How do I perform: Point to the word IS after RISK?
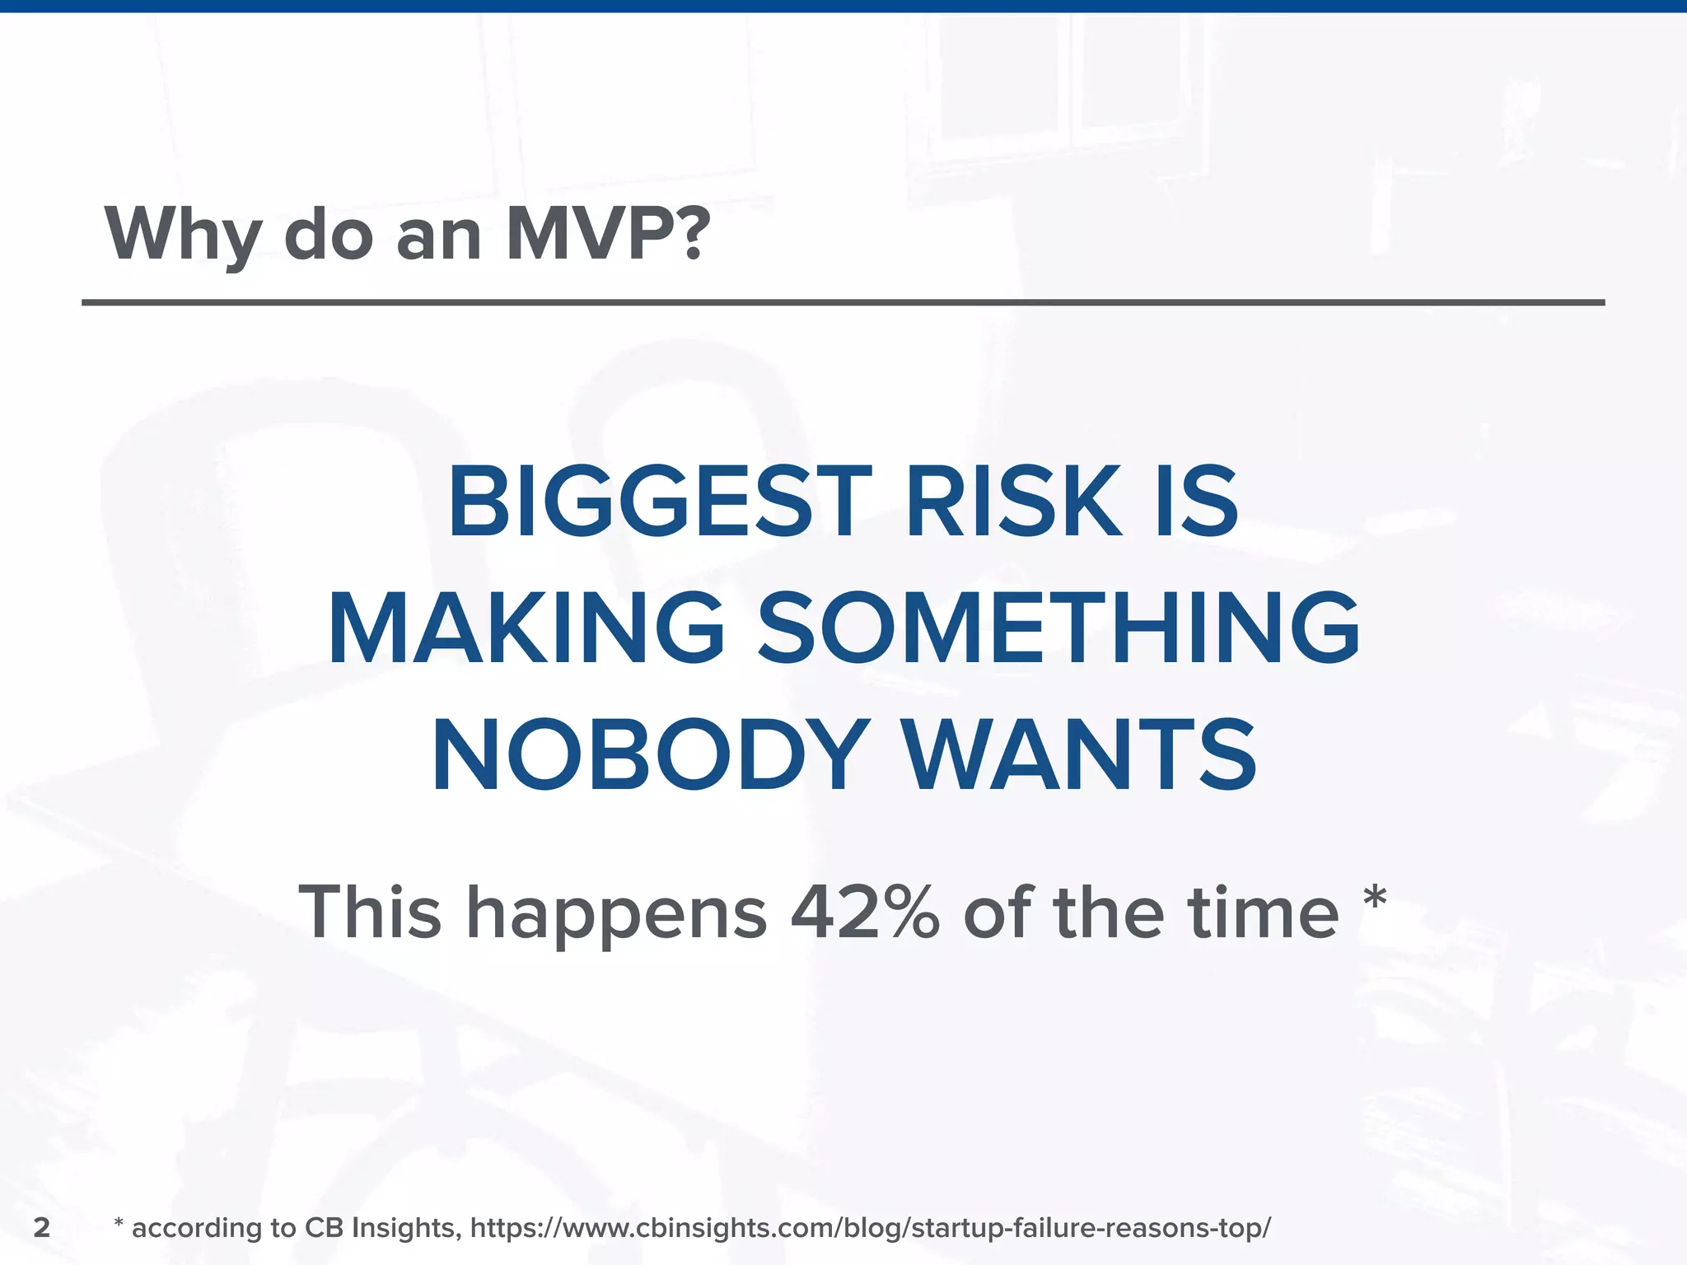pos(1196,502)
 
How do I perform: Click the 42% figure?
pos(865,913)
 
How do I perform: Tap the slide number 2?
pos(42,1227)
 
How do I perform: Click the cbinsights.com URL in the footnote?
pos(870,1228)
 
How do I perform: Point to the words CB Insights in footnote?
pos(381,1228)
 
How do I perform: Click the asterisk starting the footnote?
pos(119,1224)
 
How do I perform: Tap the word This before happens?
pos(370,913)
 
